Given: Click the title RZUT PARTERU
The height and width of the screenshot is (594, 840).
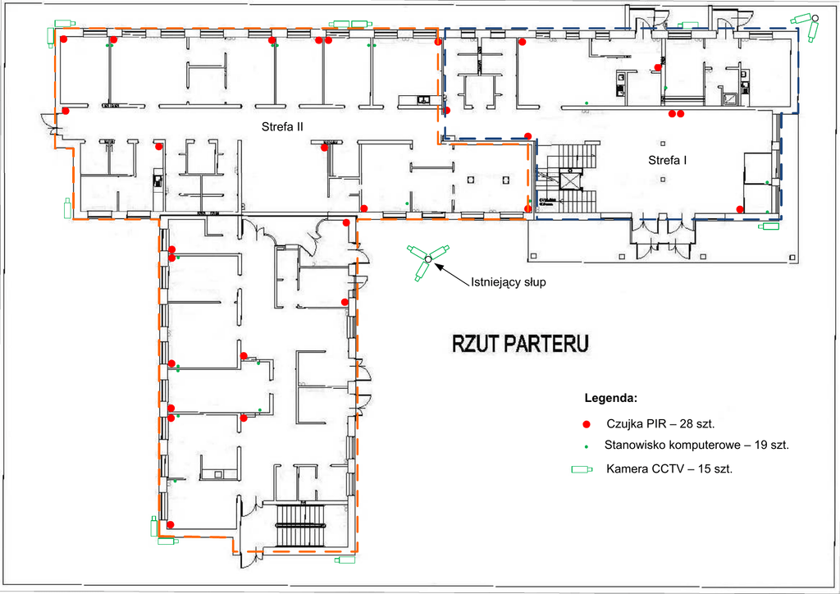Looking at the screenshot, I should coord(520,343).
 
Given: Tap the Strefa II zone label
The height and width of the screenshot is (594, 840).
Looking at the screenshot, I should coord(283,126).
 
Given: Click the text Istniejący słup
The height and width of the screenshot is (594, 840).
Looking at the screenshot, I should coord(508,281).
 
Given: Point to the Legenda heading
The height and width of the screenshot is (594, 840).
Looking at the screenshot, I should coord(610,399).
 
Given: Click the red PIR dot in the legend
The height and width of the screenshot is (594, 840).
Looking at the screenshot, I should coord(586,425).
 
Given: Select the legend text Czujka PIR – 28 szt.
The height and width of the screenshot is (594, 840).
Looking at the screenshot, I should coord(660,425).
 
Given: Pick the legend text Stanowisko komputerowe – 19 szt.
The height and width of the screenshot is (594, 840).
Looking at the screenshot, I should coord(696,445).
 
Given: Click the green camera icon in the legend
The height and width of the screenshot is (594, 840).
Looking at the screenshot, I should coord(583,470).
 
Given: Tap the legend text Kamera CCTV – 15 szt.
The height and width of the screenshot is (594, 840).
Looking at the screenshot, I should coord(669,469).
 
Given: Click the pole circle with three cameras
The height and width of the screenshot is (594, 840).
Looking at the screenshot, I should coord(427,261).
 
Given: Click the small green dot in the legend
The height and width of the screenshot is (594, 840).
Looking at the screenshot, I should coord(586,445).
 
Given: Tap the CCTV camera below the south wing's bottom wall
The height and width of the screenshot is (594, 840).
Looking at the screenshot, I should coord(345,561).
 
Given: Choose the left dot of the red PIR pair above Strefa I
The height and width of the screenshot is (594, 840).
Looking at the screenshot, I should coord(672,113).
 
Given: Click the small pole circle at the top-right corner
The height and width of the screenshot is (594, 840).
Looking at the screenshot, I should coord(815,17).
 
